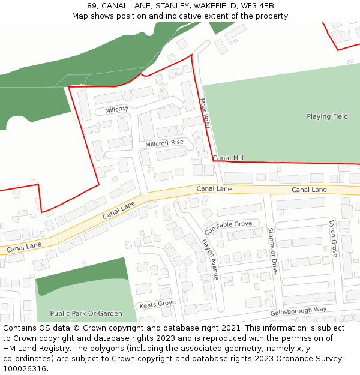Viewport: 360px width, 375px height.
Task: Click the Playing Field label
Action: (x=327, y=116)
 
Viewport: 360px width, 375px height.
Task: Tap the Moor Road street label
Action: (x=205, y=113)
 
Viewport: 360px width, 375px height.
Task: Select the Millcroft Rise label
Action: (x=164, y=143)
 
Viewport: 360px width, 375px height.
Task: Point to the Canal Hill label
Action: (x=228, y=158)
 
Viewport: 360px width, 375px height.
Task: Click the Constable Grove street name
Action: (x=228, y=228)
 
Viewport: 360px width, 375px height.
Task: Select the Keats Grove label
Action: (x=158, y=304)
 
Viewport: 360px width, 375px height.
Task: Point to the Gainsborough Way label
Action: (x=298, y=311)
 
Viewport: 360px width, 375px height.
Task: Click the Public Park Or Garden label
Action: (x=86, y=313)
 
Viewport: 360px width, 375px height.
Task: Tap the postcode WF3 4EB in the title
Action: (x=258, y=6)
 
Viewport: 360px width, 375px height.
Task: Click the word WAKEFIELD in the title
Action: (x=212, y=6)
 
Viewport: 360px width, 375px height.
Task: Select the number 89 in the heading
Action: (x=92, y=6)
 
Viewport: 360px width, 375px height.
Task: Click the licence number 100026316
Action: (x=26, y=369)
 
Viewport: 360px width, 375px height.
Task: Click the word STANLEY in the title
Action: (x=165, y=6)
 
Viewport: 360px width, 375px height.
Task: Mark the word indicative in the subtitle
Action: (x=199, y=16)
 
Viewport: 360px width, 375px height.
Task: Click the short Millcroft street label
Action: (x=116, y=110)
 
